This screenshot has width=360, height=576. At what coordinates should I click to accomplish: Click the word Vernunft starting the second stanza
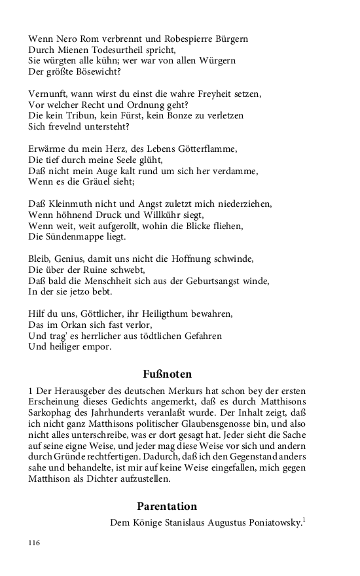(49, 94)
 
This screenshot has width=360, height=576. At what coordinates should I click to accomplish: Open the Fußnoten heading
(167, 374)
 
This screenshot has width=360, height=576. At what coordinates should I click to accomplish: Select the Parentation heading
(167, 506)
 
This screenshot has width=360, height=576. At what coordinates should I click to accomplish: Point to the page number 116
(35, 543)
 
